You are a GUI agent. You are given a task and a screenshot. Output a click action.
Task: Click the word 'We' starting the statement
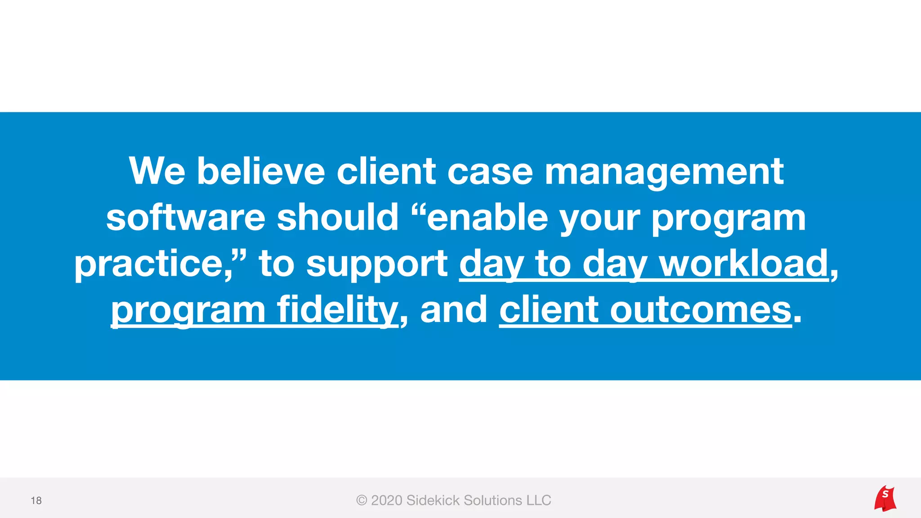pos(157,171)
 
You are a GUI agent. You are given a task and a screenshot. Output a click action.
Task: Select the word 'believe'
pos(261,171)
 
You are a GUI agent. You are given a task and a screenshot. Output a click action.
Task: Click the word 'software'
pos(186,218)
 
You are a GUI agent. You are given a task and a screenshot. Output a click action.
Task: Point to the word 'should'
pos(338,218)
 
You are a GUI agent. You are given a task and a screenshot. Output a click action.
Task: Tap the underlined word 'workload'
pos(744,264)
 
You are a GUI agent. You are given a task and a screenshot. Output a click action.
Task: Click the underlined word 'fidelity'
pos(337,310)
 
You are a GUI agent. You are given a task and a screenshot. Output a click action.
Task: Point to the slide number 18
pos(36,500)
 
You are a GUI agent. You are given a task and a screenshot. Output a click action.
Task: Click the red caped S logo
pos(885,498)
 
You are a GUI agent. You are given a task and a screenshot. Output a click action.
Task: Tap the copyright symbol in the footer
pos(362,500)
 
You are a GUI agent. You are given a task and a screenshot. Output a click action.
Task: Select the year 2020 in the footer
pos(386,500)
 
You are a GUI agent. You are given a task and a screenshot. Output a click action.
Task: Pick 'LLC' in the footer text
pos(539,500)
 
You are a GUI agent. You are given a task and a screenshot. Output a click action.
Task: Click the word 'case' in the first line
pos(490,172)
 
